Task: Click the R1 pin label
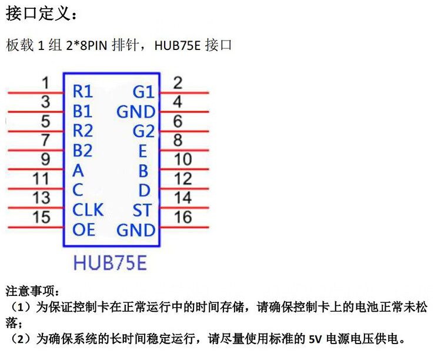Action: (83, 92)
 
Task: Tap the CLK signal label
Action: (88, 209)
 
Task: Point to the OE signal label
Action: (83, 229)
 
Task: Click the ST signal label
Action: (142, 210)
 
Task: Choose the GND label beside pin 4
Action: (136, 112)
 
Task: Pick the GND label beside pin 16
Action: (136, 230)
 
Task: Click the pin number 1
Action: (46, 84)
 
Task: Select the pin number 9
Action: (45, 159)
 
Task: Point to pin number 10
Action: (183, 159)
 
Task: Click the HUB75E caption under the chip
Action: (110, 263)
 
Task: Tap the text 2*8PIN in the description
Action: (88, 46)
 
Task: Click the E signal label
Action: (142, 151)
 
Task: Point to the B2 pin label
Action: (83, 151)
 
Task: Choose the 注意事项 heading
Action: (32, 291)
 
